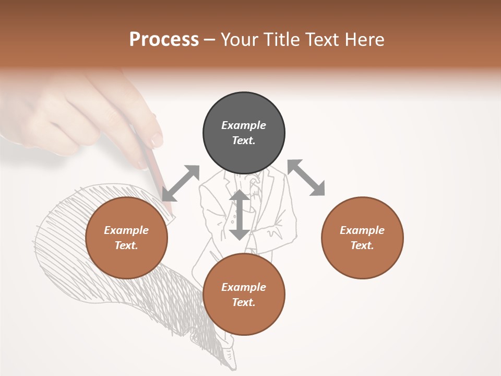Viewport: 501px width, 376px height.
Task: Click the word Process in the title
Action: [x=164, y=40]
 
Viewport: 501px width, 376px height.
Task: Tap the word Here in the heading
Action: [x=365, y=40]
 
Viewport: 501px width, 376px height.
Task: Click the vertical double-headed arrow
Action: [x=240, y=215]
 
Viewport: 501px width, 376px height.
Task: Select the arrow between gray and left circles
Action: [x=181, y=183]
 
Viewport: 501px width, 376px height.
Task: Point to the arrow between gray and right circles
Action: [x=306, y=178]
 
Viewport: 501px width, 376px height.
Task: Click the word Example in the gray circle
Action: [x=244, y=125]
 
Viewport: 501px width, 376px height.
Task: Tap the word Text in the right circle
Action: [x=362, y=245]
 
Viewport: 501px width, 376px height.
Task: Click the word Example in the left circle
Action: [x=126, y=230]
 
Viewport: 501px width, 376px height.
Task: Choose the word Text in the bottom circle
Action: [x=244, y=302]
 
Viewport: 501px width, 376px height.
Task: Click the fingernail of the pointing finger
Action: [x=157, y=139]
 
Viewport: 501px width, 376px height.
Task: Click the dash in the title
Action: [x=210, y=40]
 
